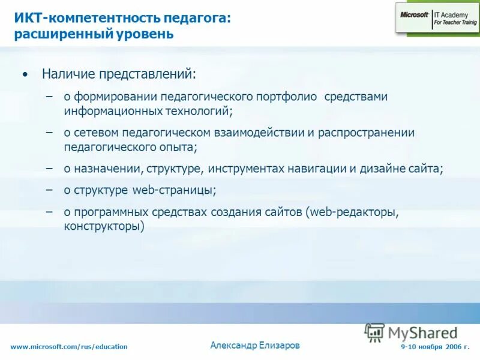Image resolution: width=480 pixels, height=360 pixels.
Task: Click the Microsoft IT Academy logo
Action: pyautogui.click(x=436, y=18)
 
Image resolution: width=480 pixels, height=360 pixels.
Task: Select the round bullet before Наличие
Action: pyautogui.click(x=24, y=75)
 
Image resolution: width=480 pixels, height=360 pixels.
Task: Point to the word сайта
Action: pyautogui.click(x=425, y=169)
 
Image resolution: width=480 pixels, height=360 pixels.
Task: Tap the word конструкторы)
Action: pyautogui.click(x=105, y=226)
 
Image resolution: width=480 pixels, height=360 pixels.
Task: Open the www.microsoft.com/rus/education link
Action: pyautogui.click(x=69, y=347)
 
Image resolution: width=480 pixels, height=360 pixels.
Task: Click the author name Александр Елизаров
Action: pyautogui.click(x=255, y=345)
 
